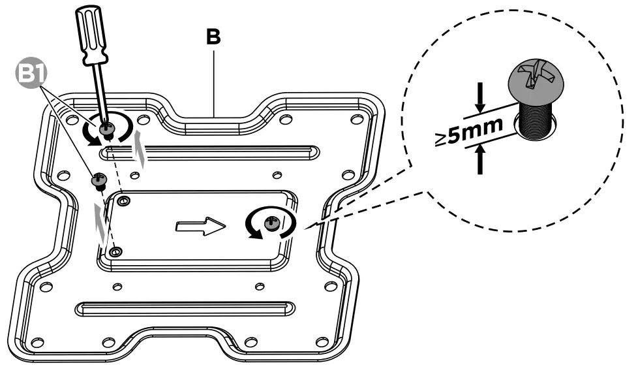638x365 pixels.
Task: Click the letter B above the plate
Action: (x=213, y=37)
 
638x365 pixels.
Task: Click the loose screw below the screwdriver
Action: (x=100, y=180)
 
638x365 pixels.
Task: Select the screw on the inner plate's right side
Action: (x=271, y=224)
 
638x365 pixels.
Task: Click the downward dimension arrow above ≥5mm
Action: (x=481, y=98)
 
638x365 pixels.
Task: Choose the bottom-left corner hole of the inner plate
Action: (x=115, y=251)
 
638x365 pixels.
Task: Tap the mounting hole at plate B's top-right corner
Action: (x=356, y=119)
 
